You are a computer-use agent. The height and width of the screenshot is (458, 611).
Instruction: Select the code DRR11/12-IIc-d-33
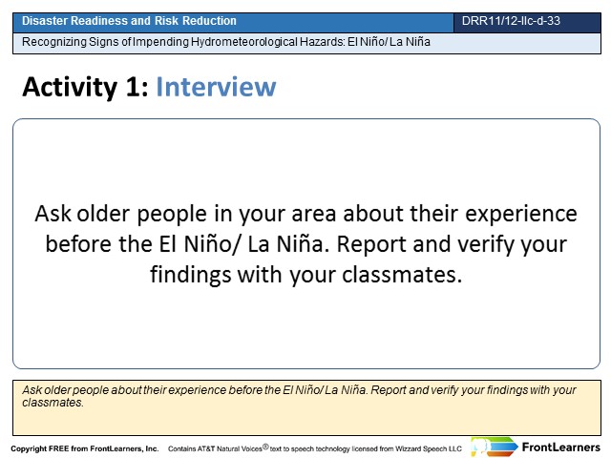(x=511, y=21)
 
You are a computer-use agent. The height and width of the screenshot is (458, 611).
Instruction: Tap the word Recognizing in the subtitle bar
(x=54, y=42)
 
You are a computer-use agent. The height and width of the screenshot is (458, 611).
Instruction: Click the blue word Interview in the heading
(x=216, y=87)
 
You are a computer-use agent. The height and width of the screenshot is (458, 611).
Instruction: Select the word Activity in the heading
(x=70, y=87)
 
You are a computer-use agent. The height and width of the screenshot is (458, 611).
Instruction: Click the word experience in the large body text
(x=521, y=214)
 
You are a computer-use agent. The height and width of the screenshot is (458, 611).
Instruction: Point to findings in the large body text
(x=191, y=275)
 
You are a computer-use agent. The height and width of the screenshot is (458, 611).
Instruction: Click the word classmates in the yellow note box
(x=53, y=403)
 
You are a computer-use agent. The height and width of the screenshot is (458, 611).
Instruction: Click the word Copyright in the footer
(x=29, y=448)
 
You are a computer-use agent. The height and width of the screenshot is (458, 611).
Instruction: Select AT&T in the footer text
(x=206, y=448)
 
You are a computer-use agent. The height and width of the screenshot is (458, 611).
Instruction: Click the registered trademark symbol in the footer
(x=265, y=447)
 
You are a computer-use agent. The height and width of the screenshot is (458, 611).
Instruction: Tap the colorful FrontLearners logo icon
(x=495, y=447)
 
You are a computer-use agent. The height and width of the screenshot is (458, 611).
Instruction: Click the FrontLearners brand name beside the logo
(x=561, y=448)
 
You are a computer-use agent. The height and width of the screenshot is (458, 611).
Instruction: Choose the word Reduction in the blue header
(x=209, y=21)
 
